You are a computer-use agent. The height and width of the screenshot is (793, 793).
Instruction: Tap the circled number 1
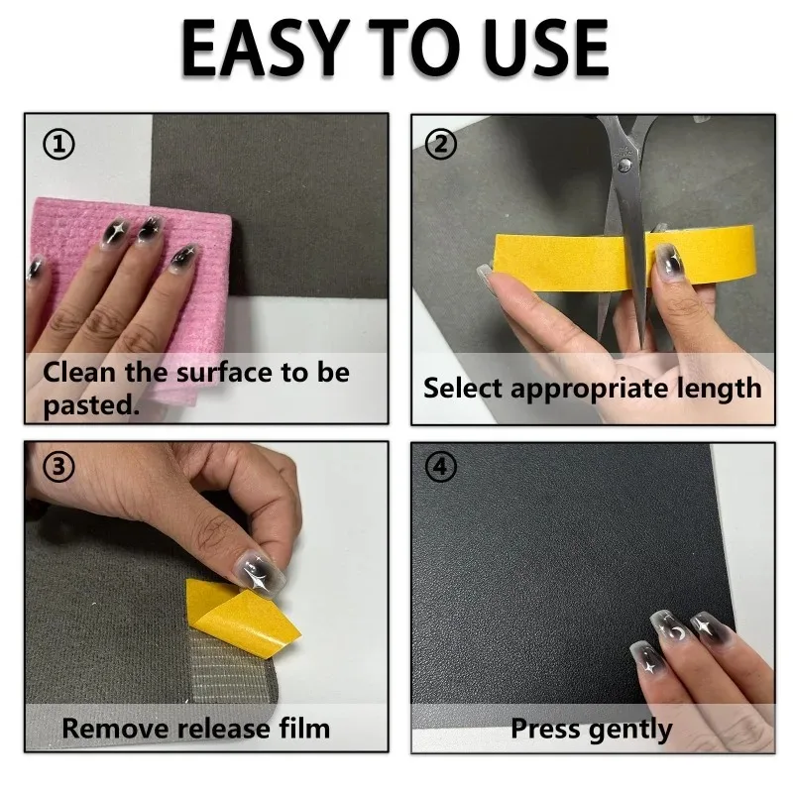point(58,144)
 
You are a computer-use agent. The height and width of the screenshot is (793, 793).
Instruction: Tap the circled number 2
point(441,144)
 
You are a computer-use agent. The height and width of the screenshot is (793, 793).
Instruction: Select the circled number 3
point(58,466)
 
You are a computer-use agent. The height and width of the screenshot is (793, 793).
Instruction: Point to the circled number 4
point(441,466)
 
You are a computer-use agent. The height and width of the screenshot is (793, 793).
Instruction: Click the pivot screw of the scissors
point(625,164)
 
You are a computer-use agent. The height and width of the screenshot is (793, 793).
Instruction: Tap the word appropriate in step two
point(590,389)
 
